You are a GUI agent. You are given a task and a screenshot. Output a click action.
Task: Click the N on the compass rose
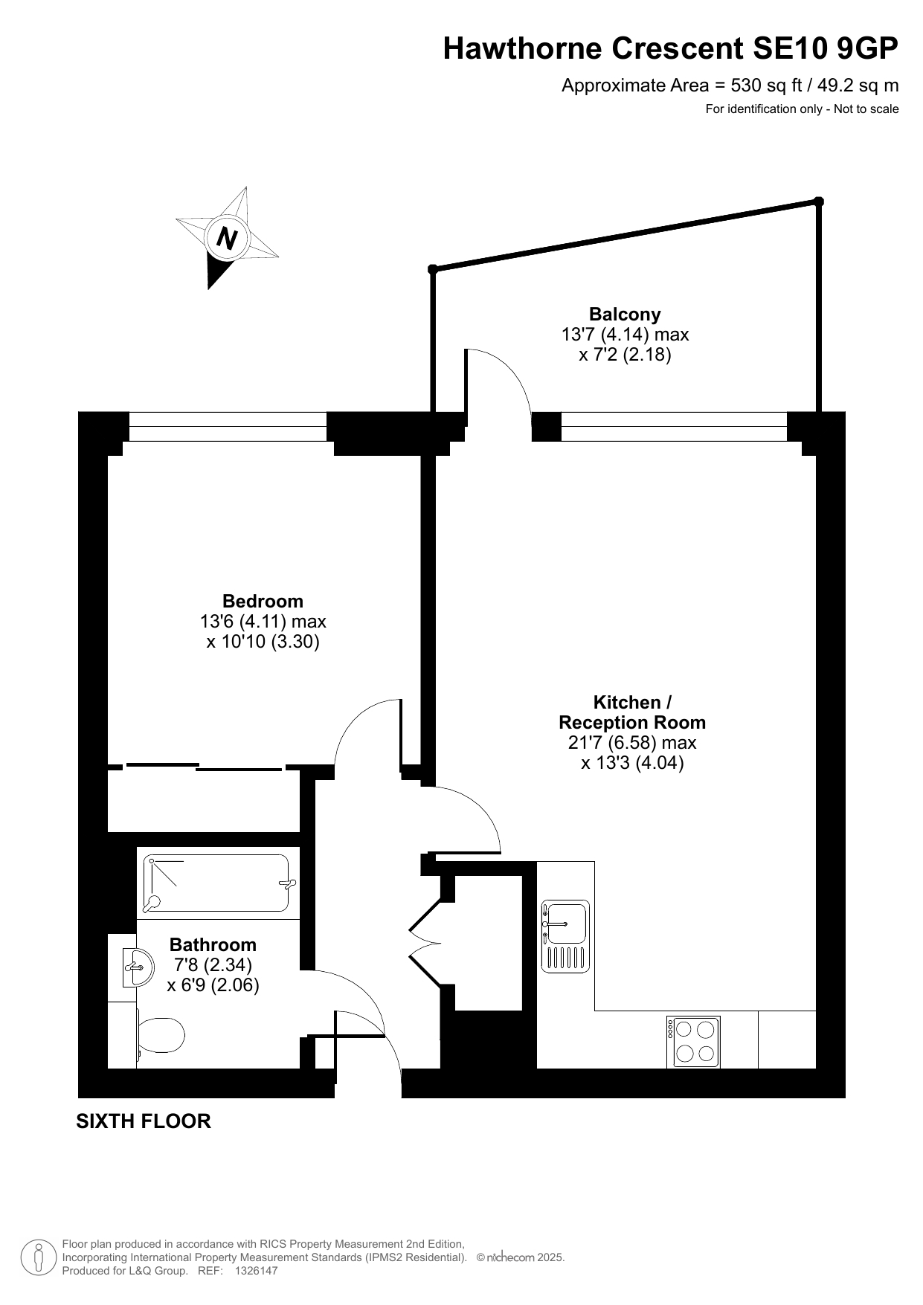[x=227, y=238]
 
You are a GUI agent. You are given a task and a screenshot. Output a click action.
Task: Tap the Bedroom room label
[x=263, y=601]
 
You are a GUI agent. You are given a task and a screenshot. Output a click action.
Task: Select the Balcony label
[x=625, y=314]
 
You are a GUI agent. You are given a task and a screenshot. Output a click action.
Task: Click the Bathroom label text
[x=213, y=944]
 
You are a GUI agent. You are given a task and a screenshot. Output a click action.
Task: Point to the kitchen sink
[x=565, y=936]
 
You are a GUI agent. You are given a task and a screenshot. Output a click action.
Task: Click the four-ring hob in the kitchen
[x=694, y=1041]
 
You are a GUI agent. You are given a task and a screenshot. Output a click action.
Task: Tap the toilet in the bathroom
[x=160, y=1034]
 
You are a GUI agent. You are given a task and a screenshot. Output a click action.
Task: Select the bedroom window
[x=228, y=426]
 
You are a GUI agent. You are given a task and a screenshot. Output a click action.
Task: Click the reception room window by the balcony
[x=674, y=426]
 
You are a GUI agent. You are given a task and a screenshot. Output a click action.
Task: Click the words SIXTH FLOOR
[x=144, y=1121]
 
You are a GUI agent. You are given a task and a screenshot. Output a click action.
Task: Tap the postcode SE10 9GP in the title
[x=826, y=48]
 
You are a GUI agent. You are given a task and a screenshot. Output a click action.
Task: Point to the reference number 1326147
[x=256, y=1271]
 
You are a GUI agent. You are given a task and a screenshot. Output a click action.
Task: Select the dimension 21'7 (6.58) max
[x=631, y=742]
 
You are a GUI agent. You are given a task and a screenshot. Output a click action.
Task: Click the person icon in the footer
[x=39, y=1257]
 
